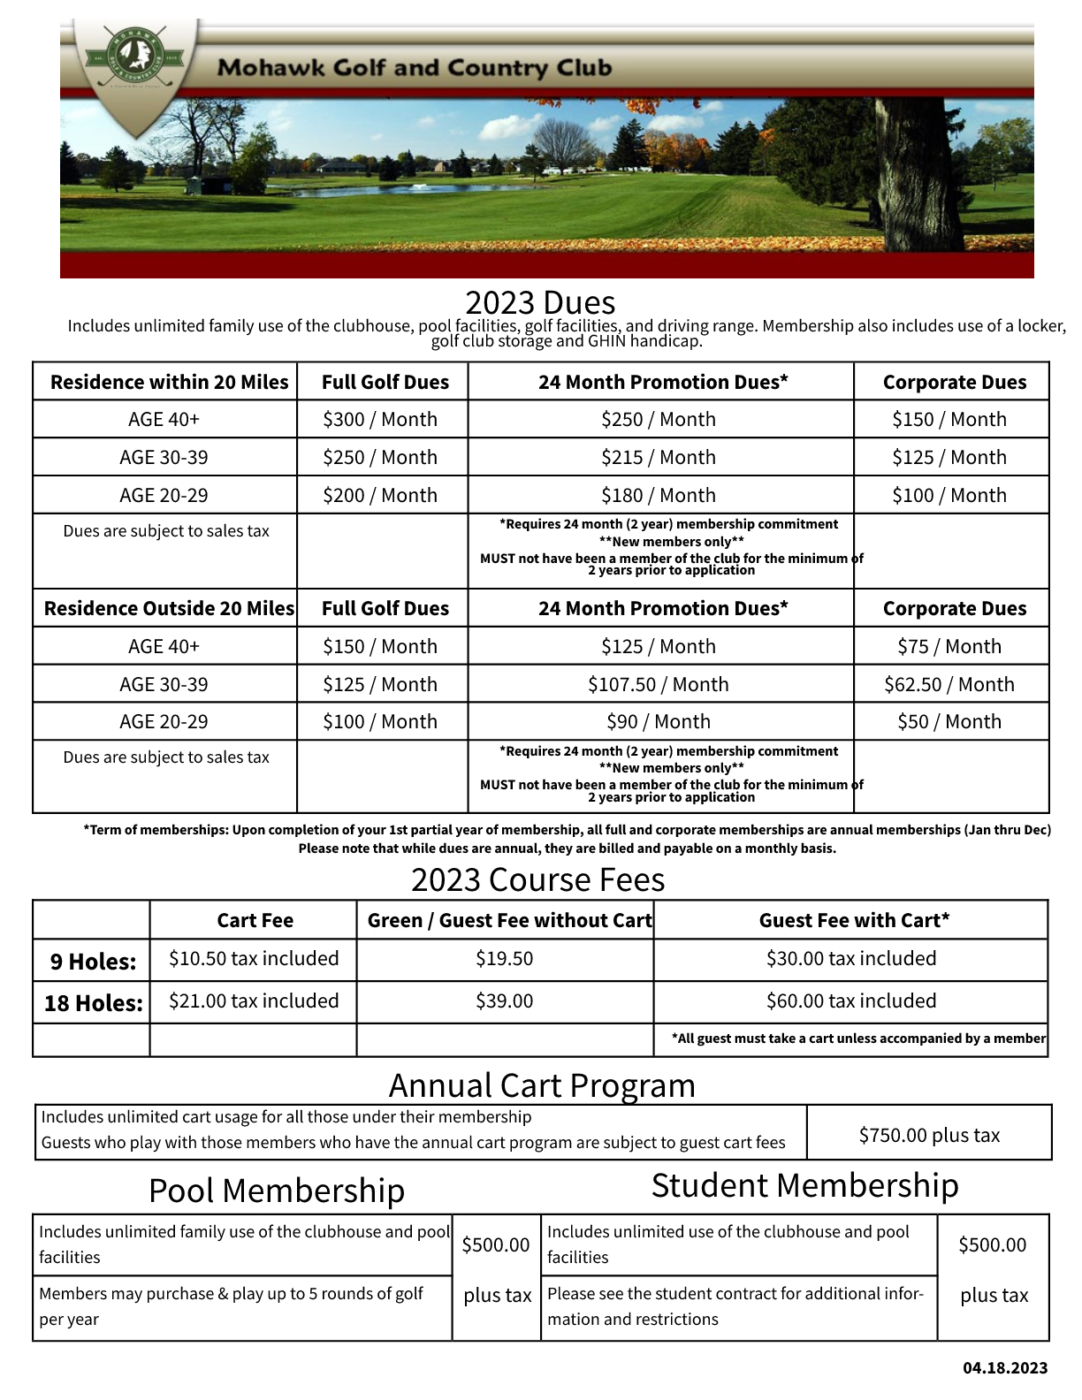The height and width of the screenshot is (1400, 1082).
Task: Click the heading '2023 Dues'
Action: (540, 302)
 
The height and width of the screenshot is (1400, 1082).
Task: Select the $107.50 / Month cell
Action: (659, 684)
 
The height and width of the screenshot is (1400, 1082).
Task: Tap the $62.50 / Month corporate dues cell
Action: (949, 684)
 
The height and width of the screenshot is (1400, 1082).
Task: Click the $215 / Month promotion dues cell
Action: (659, 457)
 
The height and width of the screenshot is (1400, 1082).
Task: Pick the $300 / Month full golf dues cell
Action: (380, 419)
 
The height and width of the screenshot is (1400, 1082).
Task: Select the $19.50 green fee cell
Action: (504, 959)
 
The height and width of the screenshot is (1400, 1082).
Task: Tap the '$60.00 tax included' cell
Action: (850, 1001)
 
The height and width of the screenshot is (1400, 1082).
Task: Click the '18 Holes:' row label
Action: (93, 1003)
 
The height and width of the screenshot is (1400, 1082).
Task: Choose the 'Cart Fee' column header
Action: (255, 920)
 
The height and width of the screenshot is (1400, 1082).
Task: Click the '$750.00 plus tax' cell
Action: (929, 1135)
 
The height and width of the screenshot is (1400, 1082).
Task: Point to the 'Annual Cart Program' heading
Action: (542, 1085)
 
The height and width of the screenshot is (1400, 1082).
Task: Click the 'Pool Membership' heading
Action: (277, 1191)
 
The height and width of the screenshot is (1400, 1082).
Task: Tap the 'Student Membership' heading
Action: (804, 1185)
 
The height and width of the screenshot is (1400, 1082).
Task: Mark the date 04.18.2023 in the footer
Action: (1005, 1368)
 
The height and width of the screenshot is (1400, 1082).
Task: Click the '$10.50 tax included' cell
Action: (254, 959)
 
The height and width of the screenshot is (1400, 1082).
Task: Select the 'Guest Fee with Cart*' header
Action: (854, 920)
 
